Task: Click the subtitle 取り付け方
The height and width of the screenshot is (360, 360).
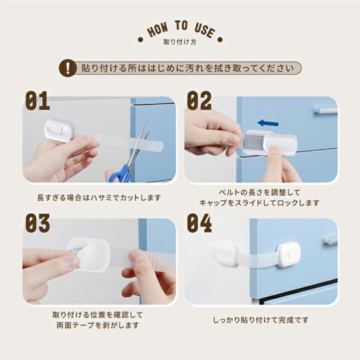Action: click(180, 42)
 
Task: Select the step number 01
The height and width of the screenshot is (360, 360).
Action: click(38, 101)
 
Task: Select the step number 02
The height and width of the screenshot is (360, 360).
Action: click(199, 101)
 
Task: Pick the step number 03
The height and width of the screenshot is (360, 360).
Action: click(38, 223)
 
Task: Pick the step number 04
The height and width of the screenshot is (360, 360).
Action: click(199, 223)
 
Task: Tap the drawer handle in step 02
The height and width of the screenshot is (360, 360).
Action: click(325, 110)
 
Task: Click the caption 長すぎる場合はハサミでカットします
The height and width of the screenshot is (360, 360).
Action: click(99, 197)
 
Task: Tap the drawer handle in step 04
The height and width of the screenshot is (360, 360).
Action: click(330, 240)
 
